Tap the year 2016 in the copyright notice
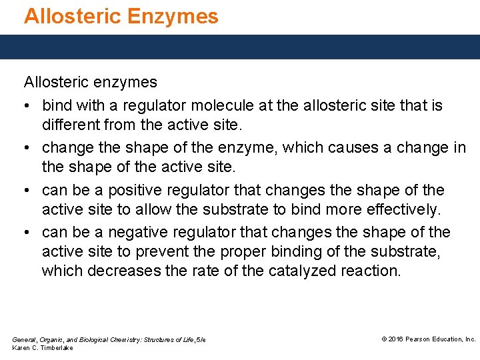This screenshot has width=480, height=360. tap(397, 339)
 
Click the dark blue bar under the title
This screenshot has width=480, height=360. tap(240, 47)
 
